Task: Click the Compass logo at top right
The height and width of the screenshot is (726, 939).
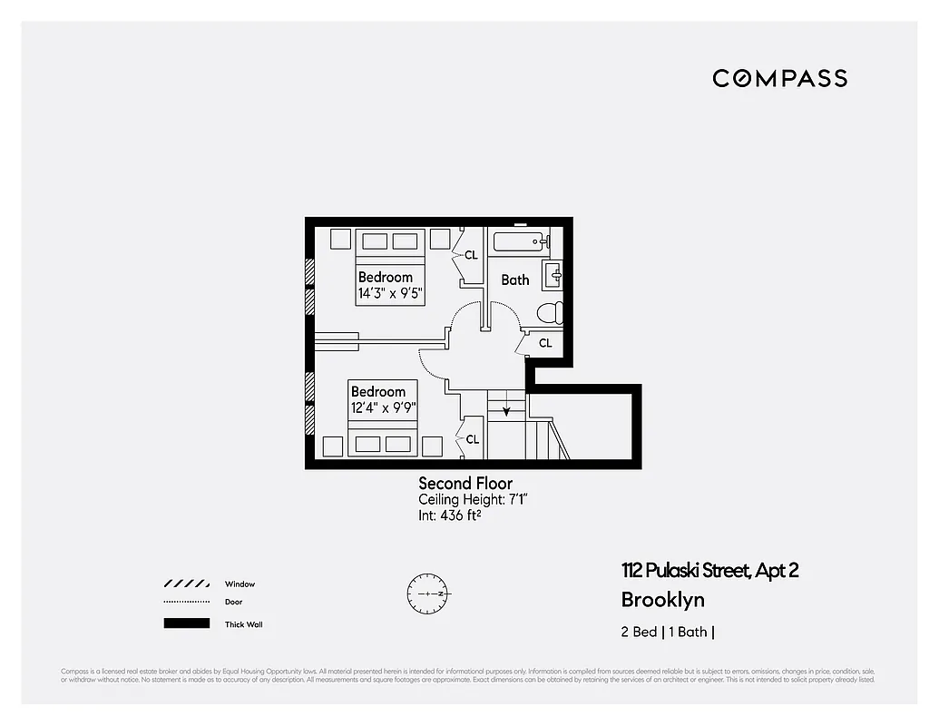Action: pos(779,78)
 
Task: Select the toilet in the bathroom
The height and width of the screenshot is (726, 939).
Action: pos(549,313)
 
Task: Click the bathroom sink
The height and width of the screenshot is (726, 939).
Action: pos(553,274)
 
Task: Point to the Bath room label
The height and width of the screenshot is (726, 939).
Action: pos(514,280)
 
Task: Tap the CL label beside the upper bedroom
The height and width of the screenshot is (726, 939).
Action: pos(471,256)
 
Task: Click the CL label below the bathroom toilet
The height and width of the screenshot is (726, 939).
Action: pos(545,343)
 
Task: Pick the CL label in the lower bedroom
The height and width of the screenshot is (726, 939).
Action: pos(472,439)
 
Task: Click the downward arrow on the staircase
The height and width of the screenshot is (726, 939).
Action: pos(507,411)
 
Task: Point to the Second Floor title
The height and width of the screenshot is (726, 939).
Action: pos(465,484)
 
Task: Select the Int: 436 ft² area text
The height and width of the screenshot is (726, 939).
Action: pos(449,515)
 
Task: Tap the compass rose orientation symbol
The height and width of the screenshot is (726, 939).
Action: pos(426,593)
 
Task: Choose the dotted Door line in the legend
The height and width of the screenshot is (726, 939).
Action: pos(186,603)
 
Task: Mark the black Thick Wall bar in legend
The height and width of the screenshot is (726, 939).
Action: pos(186,623)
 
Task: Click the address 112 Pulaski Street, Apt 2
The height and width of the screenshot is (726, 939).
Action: pos(709,571)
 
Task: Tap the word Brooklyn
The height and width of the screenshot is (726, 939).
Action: pos(662,600)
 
